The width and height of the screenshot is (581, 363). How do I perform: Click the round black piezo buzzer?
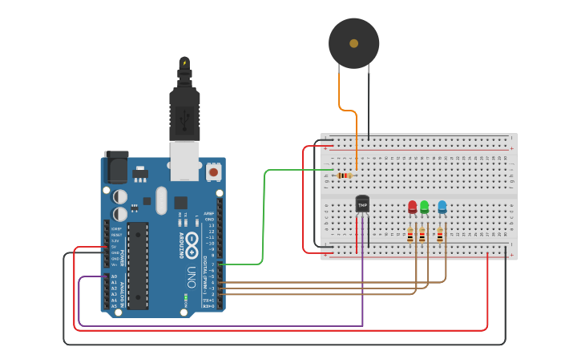(x=353, y=42)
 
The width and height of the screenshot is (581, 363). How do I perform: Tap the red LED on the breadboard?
(x=412, y=208)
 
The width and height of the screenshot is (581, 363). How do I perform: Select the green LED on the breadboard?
(x=425, y=208)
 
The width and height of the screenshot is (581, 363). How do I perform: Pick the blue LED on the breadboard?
(x=442, y=208)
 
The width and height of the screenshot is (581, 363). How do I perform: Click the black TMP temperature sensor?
(x=362, y=204)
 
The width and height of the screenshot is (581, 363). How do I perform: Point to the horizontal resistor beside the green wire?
(x=345, y=175)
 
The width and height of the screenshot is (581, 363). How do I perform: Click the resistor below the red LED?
(x=410, y=235)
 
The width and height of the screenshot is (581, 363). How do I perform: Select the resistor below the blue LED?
(x=439, y=235)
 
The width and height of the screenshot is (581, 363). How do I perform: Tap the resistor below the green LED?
(x=422, y=235)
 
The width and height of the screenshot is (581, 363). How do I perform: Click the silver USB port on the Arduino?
(x=185, y=161)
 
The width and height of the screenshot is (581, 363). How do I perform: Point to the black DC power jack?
(x=116, y=169)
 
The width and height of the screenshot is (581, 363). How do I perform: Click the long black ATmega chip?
(x=138, y=265)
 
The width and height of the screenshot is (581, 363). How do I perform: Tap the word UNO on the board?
(x=191, y=277)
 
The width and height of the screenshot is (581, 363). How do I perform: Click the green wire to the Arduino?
(x=264, y=216)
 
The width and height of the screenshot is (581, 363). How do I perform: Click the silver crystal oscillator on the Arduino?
(x=161, y=200)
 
